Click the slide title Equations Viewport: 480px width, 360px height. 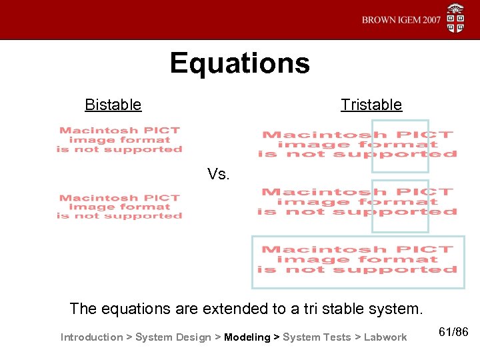pyautogui.click(x=239, y=64)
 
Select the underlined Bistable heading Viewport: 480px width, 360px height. pyautogui.click(x=113, y=105)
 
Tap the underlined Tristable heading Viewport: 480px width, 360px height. pyautogui.click(x=371, y=105)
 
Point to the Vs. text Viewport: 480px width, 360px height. pyautogui.click(x=219, y=175)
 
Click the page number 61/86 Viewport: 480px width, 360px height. pyautogui.click(x=455, y=331)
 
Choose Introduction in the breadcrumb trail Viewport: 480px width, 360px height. pyautogui.click(x=91, y=337)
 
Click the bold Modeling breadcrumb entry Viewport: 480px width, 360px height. pyautogui.click(x=247, y=337)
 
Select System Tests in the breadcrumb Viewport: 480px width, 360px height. pyautogui.click(x=317, y=337)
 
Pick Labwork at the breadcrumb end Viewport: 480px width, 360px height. pyautogui.click(x=385, y=337)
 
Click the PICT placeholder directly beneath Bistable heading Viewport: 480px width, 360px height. pyautogui.click(x=119, y=140)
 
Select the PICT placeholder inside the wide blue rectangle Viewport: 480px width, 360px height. pyautogui.click(x=357, y=260)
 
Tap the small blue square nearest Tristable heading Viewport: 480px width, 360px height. pyautogui.click(x=400, y=145)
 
